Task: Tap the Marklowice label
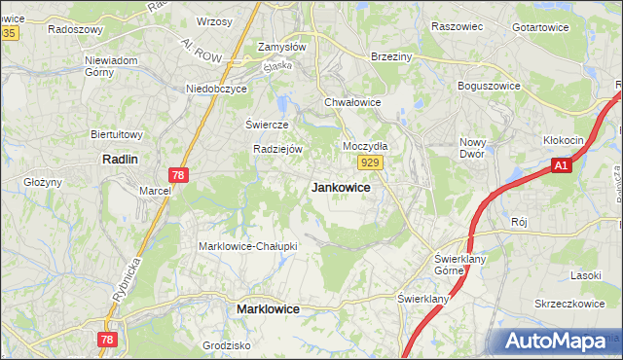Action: tap(268, 308)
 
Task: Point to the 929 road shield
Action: tap(368, 162)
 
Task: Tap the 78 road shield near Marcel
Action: tap(177, 174)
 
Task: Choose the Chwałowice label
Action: tap(351, 101)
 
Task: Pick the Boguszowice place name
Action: tap(493, 85)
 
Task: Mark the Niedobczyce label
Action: tap(217, 89)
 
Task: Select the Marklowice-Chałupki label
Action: tap(247, 246)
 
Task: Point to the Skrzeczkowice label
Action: tap(569, 304)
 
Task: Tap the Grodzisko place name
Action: tap(227, 345)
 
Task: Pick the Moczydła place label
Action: tap(365, 146)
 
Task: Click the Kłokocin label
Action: tap(564, 141)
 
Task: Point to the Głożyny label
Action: tap(43, 182)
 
